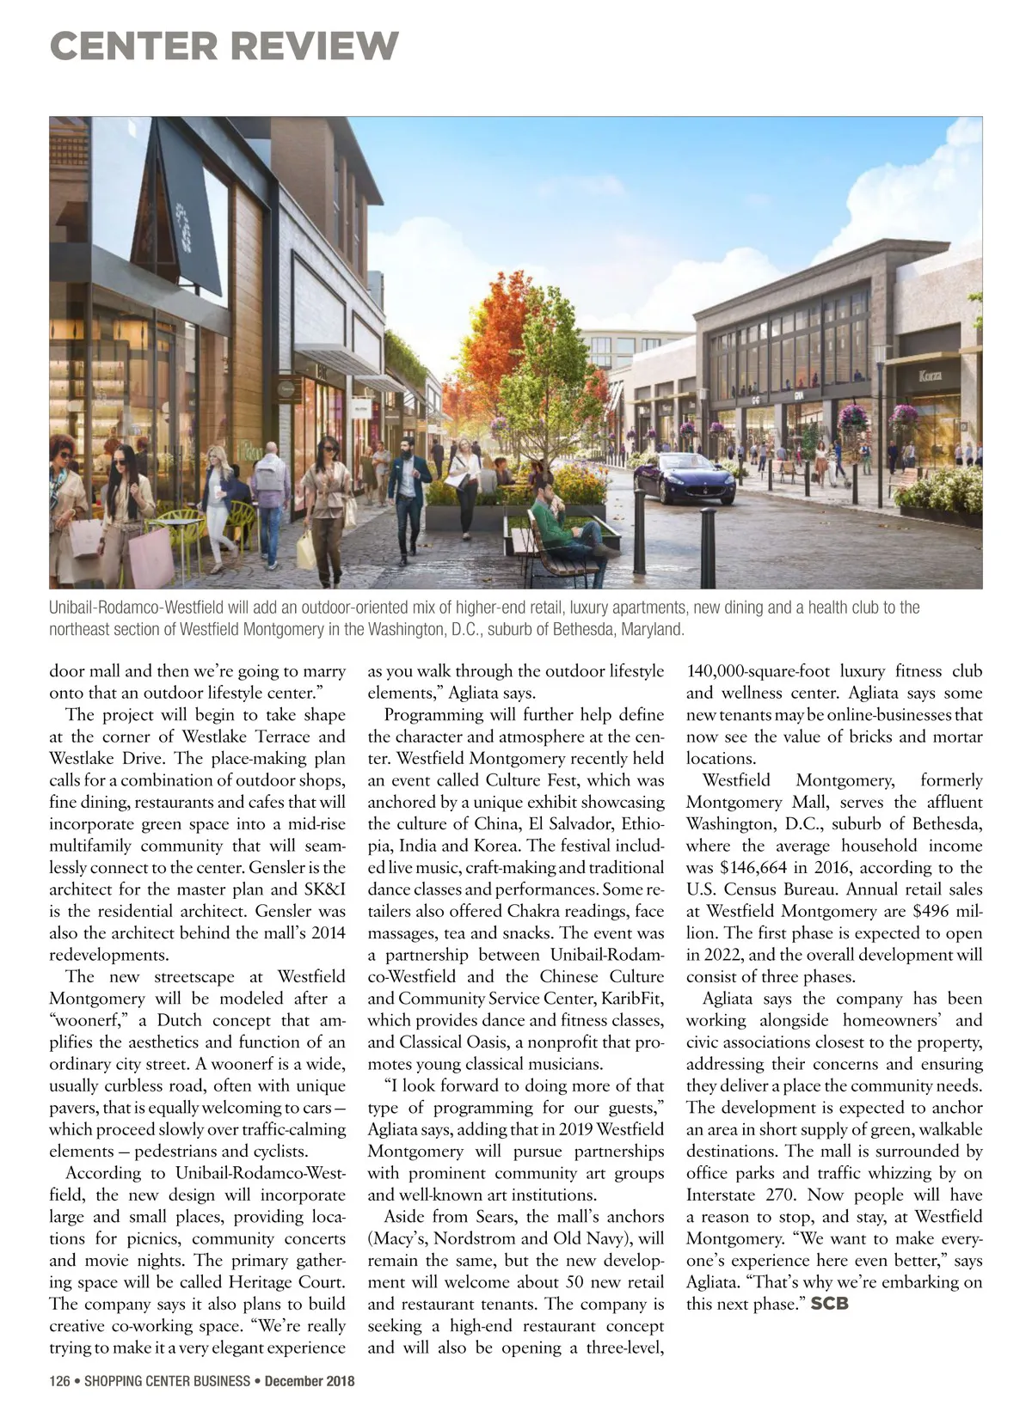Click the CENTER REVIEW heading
point(224,45)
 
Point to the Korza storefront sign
point(930,376)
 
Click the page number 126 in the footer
point(58,1381)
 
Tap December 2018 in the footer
point(309,1381)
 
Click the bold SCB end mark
point(829,1304)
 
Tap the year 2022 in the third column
point(721,955)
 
